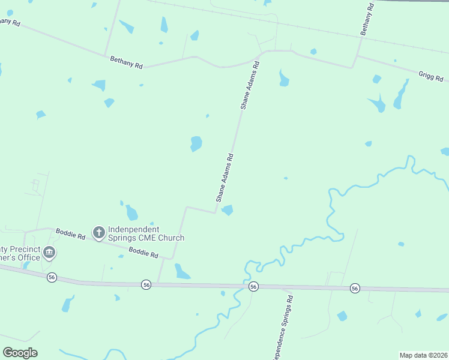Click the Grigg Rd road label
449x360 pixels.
click(431, 76)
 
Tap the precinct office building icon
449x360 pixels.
click(50, 253)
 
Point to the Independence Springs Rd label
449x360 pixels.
click(283, 327)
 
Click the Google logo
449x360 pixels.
click(20, 353)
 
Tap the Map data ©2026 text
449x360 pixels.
click(423, 355)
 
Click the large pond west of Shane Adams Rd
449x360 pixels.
click(196, 144)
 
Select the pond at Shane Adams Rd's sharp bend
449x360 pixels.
click(228, 210)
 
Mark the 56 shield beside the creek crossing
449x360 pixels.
click(253, 286)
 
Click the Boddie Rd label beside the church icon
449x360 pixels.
click(70, 234)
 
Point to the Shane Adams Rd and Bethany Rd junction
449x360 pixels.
click(259, 56)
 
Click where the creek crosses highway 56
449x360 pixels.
click(246, 286)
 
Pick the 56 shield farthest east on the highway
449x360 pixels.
click(355, 289)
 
